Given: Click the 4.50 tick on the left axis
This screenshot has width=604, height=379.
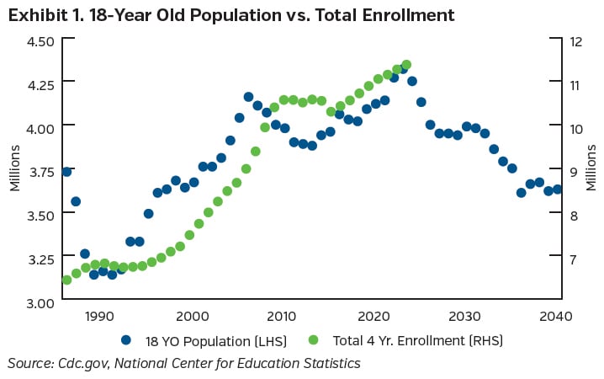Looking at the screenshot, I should [40, 40].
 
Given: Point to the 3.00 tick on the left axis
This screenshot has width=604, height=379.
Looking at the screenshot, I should [40, 302].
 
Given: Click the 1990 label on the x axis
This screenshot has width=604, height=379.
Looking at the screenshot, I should [99, 316].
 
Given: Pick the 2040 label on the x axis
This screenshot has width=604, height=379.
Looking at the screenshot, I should [556, 316].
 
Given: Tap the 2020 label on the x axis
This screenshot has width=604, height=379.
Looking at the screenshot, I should [374, 316].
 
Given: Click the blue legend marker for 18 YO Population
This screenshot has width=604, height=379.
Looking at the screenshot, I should [126, 340].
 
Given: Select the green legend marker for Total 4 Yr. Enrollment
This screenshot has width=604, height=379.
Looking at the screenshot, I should [314, 340].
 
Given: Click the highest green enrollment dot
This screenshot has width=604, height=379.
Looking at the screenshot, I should [406, 65].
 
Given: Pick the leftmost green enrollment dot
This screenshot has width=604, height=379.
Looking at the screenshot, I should [66, 280].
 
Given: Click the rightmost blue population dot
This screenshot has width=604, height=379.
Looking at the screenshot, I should [557, 189].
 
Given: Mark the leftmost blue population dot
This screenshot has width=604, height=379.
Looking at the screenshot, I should [66, 172].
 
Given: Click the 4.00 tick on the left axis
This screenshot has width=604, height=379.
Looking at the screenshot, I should [40, 127].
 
